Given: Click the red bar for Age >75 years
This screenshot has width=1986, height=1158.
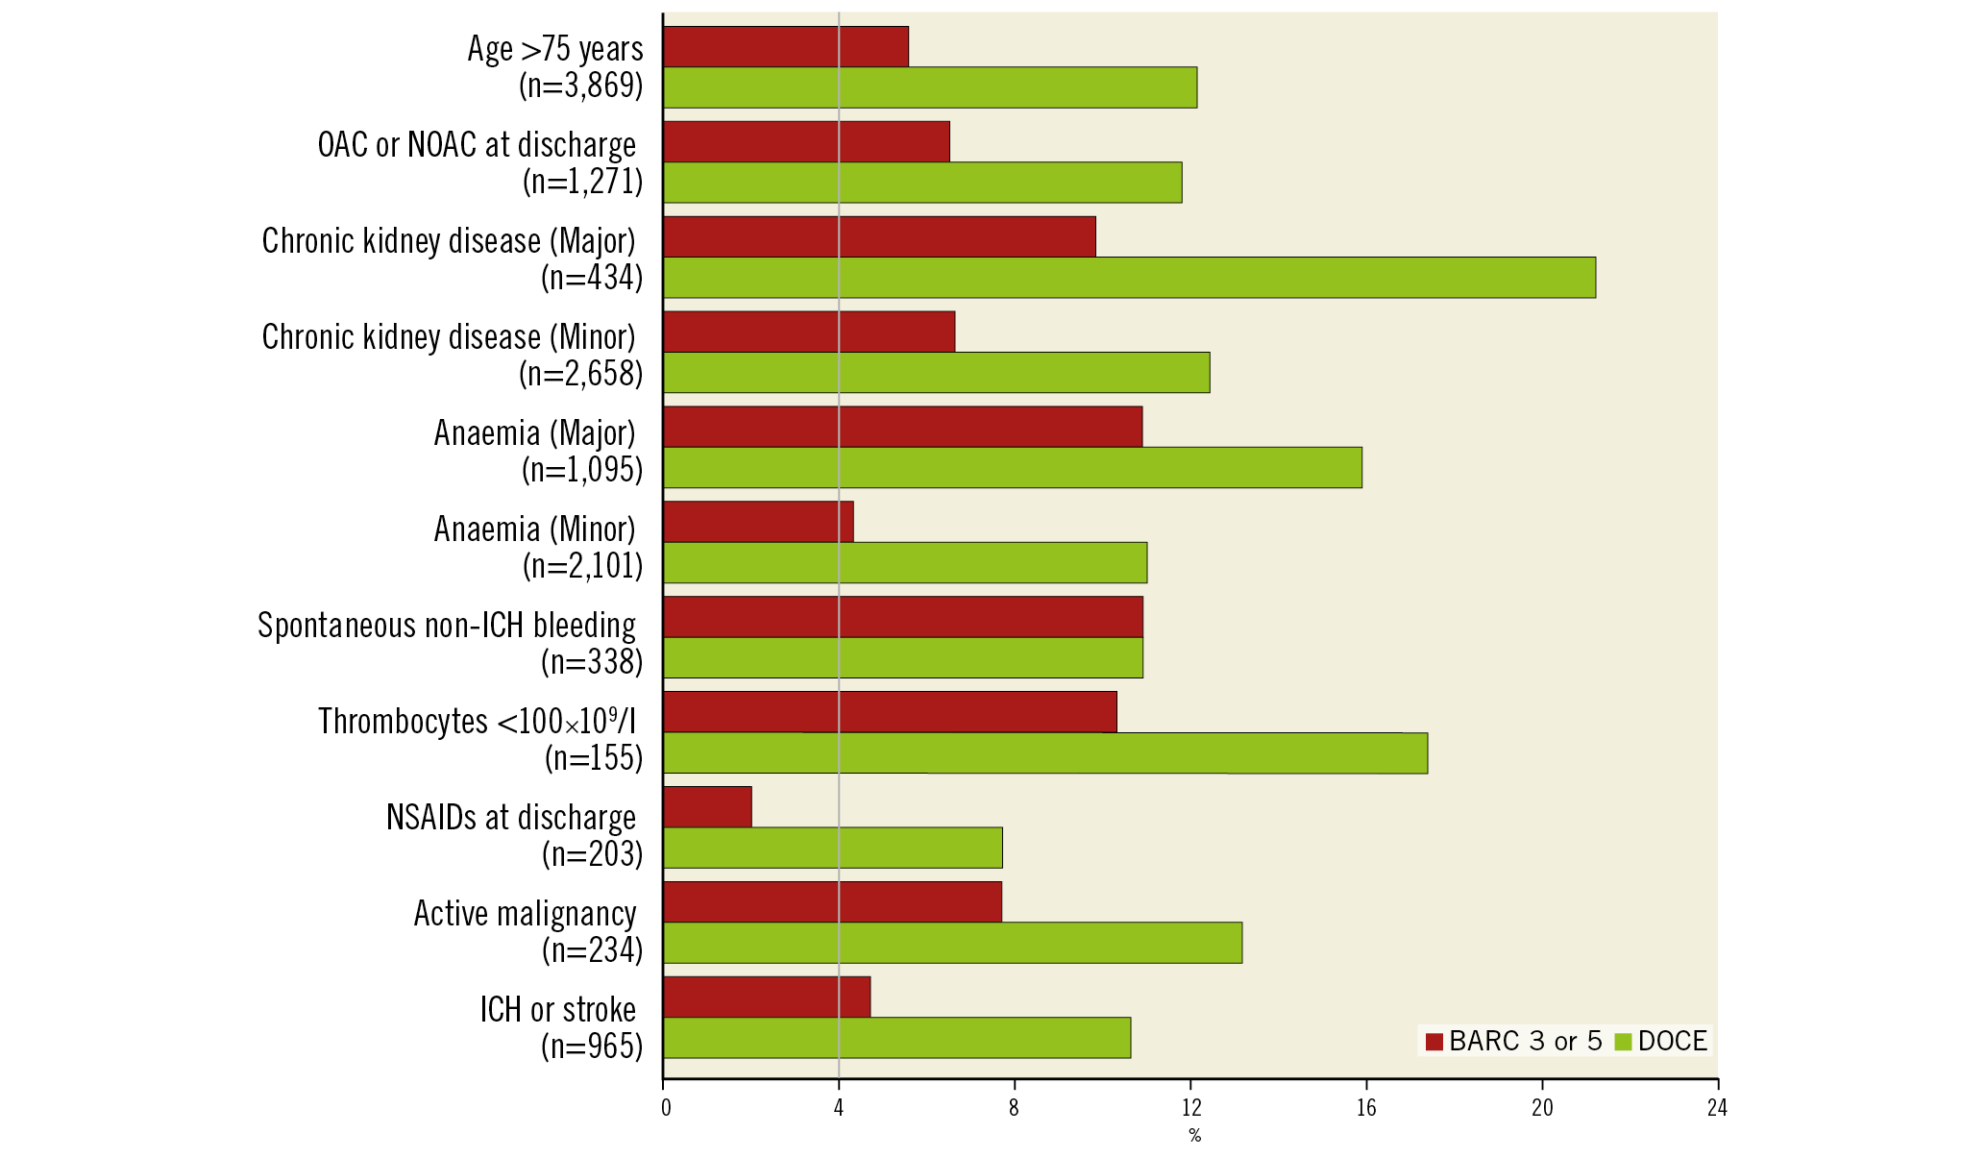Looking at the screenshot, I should coord(786,47).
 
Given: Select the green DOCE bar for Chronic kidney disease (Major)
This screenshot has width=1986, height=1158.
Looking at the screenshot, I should coord(1129,278).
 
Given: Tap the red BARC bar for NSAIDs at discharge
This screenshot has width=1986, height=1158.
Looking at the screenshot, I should coord(708,807).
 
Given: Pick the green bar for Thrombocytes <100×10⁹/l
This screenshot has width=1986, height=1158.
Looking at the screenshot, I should coord(1045,753).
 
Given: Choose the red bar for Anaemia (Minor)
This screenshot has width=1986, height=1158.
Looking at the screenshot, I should coord(758,522).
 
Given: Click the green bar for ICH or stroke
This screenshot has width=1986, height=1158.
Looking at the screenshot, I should coord(896,1038).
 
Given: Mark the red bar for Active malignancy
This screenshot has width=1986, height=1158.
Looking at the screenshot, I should coord(832,902).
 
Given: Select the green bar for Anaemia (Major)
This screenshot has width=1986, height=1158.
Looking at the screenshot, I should coord(1013,468).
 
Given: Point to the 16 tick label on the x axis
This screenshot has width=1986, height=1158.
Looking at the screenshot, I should coord(1366,1108).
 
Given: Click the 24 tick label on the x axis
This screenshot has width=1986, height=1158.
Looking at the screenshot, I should coord(1717,1108).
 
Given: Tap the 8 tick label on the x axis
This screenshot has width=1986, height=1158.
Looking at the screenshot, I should coord(1014,1108).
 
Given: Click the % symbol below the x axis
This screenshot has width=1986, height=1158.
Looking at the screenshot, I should coord(1194,1136).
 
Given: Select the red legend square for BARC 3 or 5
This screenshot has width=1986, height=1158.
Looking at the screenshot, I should coord(1434,1042).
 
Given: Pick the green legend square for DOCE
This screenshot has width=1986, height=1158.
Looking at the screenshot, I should coord(1624,1042).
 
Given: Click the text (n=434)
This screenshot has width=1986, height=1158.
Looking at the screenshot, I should coord(592,278).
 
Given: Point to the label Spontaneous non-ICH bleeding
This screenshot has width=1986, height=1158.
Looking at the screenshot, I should coord(447,626).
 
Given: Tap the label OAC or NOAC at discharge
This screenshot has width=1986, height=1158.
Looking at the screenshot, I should coord(477,145).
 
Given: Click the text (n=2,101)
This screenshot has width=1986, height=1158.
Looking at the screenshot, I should coord(582,566).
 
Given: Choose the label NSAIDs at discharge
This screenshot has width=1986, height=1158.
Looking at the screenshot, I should coord(511,818).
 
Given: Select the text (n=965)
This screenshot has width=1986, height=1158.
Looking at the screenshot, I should coord(592,1047).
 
